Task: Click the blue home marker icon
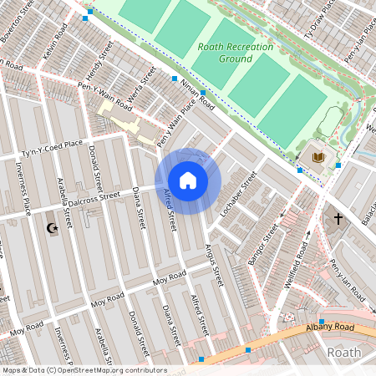(x=188, y=180)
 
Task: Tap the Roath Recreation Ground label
(x=225, y=53)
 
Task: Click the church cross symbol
(x=338, y=219)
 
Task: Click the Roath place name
(x=343, y=353)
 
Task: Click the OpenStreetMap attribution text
(x=84, y=369)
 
